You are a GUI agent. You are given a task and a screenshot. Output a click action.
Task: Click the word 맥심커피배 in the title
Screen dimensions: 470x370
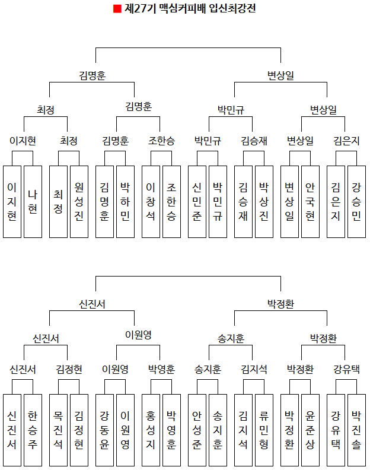[x=180, y=9]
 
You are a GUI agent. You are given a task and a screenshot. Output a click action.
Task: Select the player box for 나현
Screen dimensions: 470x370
[x=33, y=202]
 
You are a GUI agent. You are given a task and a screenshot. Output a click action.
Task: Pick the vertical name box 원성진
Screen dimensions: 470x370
[x=79, y=202]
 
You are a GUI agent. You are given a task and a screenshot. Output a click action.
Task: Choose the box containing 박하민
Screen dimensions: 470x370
[x=125, y=202]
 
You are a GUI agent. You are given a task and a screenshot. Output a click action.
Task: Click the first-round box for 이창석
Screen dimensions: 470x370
[x=151, y=202]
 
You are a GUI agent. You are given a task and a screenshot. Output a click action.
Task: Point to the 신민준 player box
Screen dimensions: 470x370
[x=197, y=202]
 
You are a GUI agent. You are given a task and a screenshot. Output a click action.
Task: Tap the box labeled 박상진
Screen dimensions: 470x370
[x=264, y=202]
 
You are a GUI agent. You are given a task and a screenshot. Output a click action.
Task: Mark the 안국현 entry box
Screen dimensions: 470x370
[x=310, y=202]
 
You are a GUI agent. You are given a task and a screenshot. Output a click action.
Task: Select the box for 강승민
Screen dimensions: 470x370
[x=356, y=202]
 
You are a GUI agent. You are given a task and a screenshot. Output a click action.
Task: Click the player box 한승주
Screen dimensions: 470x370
[x=33, y=430]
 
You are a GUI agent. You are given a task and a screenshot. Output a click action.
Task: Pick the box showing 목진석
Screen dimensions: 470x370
[x=59, y=430]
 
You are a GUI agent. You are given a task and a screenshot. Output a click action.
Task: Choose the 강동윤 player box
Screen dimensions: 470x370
[x=105, y=430]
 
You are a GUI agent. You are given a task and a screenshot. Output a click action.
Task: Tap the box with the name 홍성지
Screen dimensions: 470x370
[x=151, y=430]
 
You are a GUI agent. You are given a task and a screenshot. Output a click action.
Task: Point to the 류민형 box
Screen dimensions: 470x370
[x=264, y=430]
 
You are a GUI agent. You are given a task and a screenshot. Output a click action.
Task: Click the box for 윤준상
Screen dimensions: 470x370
[x=310, y=430]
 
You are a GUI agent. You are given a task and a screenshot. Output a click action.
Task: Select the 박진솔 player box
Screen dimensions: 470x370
[x=356, y=430]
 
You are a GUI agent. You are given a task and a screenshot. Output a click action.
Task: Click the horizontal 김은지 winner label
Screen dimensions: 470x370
[x=346, y=141]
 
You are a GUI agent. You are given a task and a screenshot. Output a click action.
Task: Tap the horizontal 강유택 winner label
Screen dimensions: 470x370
[x=346, y=369]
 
